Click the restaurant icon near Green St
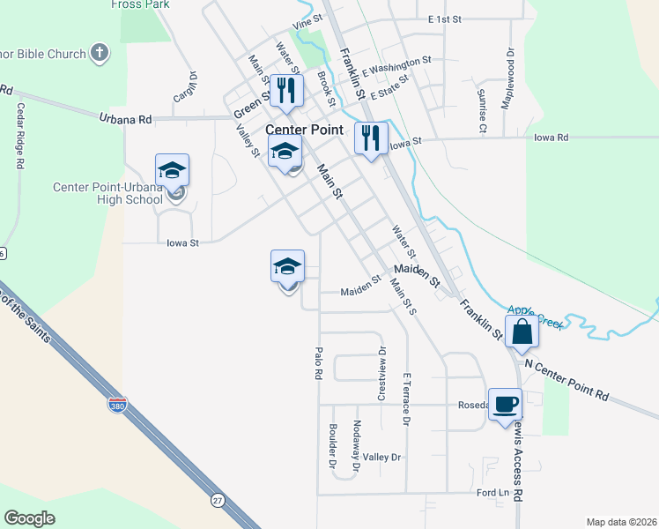click(286, 90)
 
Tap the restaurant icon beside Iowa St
click(371, 138)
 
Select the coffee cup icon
click(505, 404)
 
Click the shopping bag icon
click(522, 332)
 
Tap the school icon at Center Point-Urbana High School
click(173, 169)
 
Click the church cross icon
click(100, 53)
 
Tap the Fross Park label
click(139, 4)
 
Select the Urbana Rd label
click(126, 118)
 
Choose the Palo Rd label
click(318, 362)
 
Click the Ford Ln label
click(493, 492)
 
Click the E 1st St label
click(444, 19)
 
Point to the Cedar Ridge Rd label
click(19, 136)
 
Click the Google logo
click(29, 518)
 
